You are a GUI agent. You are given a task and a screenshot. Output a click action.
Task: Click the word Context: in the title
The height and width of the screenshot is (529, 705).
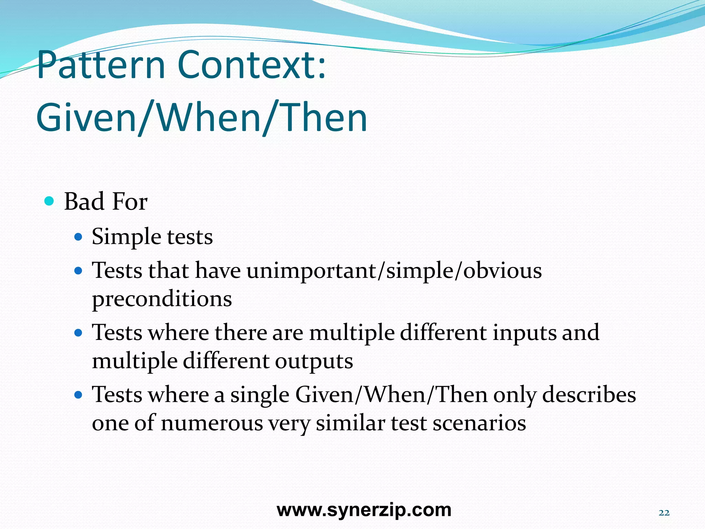[252, 65]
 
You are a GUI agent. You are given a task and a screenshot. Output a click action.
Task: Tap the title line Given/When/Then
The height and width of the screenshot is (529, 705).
[202, 118]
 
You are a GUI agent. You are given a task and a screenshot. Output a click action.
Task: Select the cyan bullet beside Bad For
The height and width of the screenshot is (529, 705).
[50, 201]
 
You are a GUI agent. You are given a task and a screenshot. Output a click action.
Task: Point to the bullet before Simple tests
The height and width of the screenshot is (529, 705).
[79, 237]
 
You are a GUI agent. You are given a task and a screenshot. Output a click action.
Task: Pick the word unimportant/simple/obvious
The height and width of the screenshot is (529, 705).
[394, 271]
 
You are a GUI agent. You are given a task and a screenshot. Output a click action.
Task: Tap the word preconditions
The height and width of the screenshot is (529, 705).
[162, 299]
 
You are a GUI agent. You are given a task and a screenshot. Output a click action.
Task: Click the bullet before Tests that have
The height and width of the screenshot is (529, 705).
[79, 271]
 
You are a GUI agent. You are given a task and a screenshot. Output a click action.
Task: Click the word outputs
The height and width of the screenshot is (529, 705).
[314, 361]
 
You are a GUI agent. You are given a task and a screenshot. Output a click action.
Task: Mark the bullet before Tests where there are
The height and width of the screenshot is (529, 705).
[79, 333]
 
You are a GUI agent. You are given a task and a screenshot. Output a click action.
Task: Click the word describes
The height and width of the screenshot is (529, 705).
[589, 395]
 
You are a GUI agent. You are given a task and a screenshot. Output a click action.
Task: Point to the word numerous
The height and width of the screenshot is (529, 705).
[212, 423]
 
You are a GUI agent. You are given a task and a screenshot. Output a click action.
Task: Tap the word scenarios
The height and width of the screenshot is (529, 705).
[479, 423]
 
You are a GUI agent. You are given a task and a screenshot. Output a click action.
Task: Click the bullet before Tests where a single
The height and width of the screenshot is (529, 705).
[79, 395]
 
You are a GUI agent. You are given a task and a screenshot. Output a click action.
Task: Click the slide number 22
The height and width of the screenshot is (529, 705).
[664, 513]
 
